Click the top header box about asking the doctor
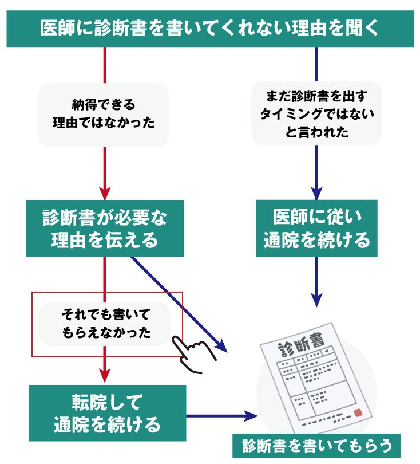(210, 28)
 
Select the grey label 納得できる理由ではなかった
(104, 115)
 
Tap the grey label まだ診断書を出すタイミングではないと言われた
(316, 114)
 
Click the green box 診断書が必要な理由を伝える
(105, 228)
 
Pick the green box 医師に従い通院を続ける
(316, 228)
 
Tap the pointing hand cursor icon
(193, 352)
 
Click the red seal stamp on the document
(358, 412)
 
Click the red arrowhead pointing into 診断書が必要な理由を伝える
(105, 192)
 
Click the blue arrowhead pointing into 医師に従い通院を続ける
(316, 192)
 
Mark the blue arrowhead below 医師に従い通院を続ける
(316, 300)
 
